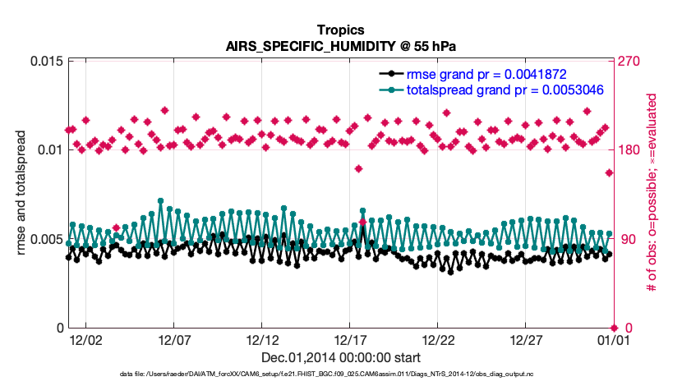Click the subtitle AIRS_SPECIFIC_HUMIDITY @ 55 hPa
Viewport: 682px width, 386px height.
point(340,46)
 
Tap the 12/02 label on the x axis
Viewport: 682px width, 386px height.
point(85,340)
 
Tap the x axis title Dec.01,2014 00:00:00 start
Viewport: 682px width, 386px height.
point(340,357)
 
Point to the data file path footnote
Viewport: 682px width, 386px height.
point(340,375)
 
